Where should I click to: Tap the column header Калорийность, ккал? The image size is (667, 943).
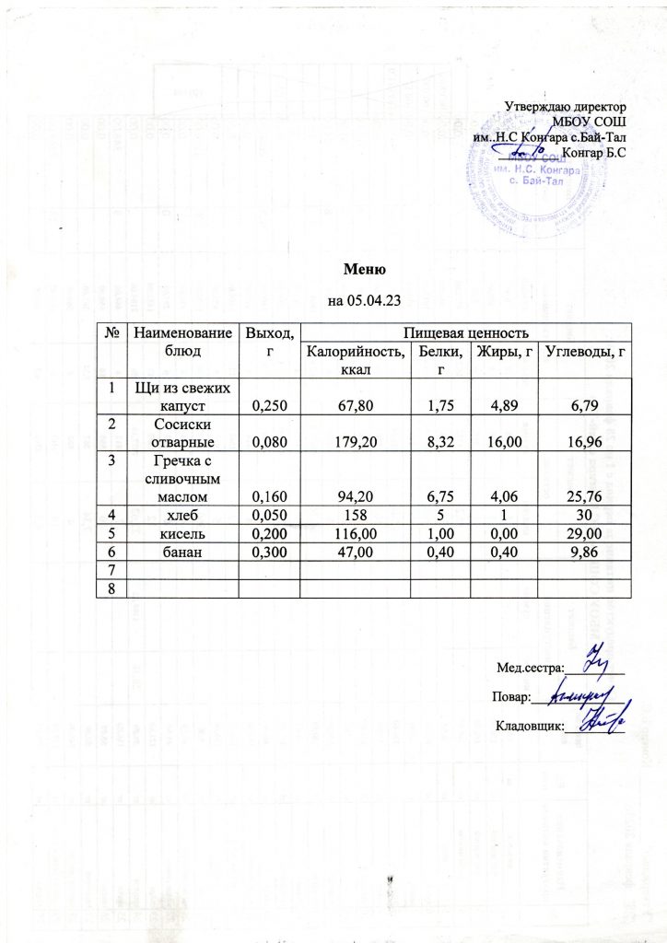point(355,359)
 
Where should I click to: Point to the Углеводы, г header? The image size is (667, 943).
point(585,350)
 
